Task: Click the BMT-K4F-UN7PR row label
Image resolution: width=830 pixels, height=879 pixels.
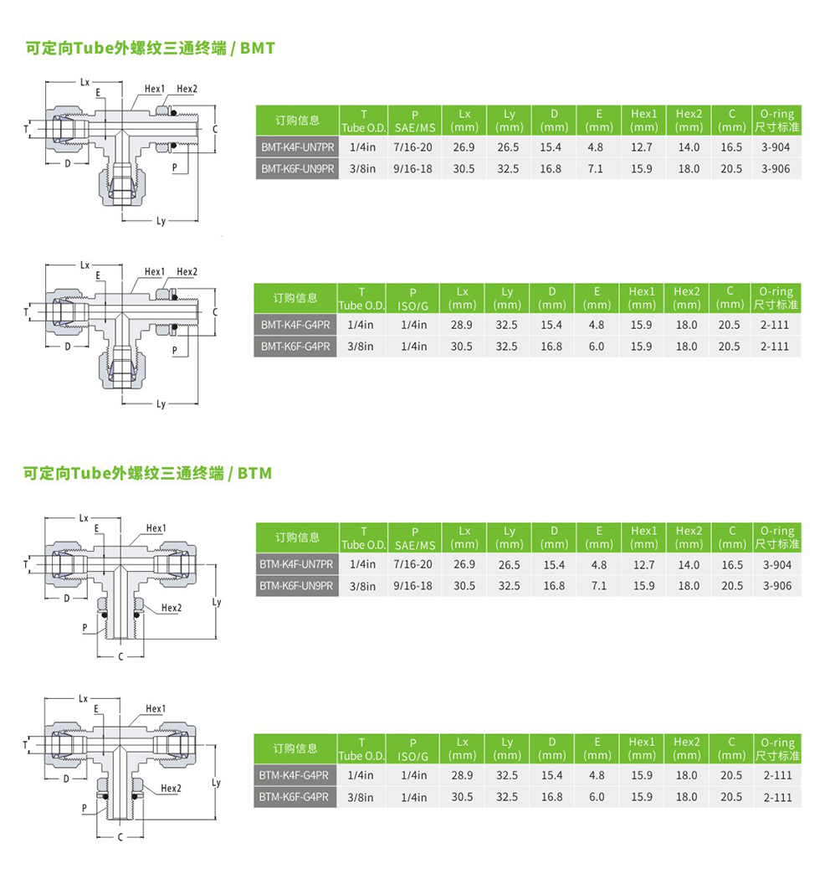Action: tap(297, 147)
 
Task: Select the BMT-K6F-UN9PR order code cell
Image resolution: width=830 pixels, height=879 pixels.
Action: tap(297, 168)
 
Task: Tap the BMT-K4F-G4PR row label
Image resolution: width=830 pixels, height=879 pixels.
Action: tap(295, 325)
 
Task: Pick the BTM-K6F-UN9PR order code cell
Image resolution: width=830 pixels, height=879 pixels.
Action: tap(296, 586)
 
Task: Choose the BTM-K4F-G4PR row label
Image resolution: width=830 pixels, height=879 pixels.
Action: tap(295, 776)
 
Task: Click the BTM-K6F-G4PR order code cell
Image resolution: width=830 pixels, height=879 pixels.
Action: tap(295, 797)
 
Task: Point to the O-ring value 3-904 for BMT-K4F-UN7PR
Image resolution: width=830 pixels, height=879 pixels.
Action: tap(776, 147)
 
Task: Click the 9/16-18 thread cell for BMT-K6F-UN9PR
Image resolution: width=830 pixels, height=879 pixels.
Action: tap(413, 168)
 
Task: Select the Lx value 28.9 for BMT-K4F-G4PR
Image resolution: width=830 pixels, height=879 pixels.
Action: tap(462, 325)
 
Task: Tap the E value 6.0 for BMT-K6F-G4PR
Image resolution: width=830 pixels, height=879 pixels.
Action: tap(596, 346)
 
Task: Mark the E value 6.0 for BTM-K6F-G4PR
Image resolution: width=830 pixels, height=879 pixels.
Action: tap(596, 797)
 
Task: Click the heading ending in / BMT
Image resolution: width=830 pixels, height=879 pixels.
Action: tap(151, 49)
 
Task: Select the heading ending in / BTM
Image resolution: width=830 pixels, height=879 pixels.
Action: tap(148, 474)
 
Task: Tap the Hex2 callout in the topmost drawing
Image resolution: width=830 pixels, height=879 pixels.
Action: tap(187, 90)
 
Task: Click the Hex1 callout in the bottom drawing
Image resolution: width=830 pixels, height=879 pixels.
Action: tap(156, 709)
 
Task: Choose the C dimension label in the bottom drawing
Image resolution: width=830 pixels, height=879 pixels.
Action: tap(120, 837)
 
